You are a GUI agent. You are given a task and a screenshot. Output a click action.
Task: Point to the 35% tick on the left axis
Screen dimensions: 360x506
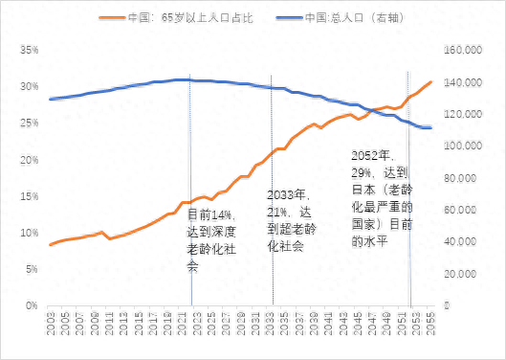click(x=27, y=49)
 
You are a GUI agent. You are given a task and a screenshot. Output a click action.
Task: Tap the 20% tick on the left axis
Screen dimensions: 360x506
click(x=27, y=159)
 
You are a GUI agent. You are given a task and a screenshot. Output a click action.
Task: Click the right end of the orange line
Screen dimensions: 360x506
click(x=431, y=82)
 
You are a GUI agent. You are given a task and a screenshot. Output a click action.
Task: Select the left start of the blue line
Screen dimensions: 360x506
click(x=50, y=99)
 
